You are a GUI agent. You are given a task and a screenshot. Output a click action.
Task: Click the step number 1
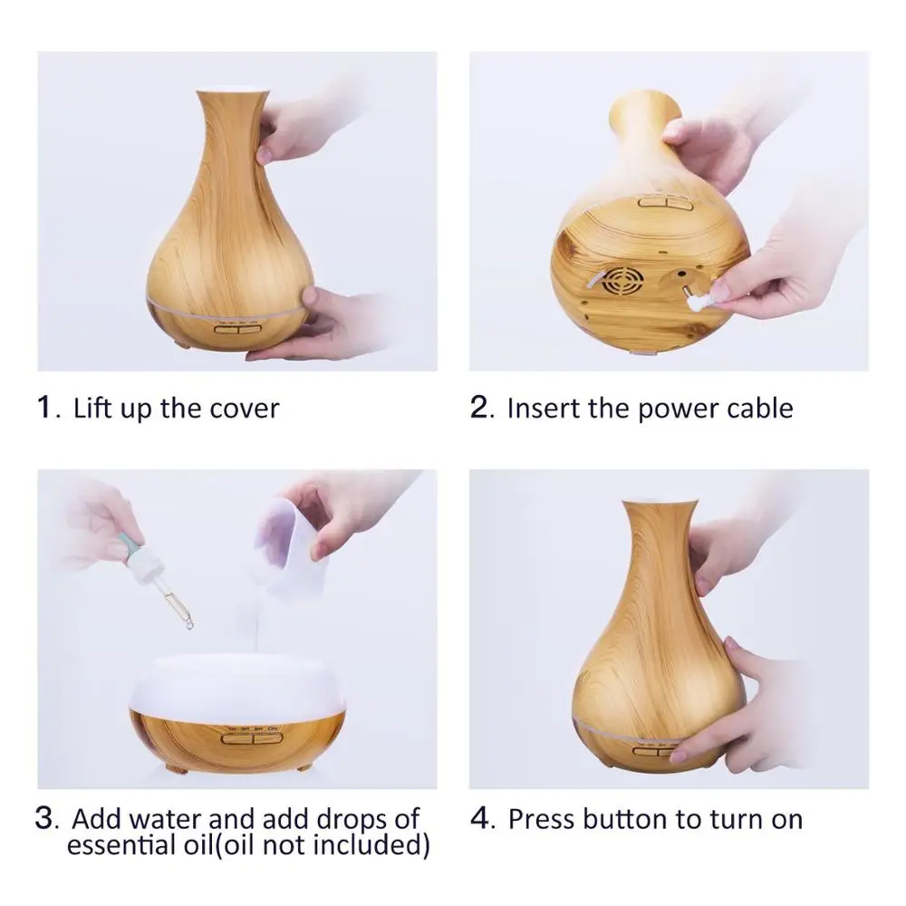click(x=45, y=407)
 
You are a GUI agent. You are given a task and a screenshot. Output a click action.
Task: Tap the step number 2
click(x=479, y=407)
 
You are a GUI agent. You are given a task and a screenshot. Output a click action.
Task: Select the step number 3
click(x=43, y=818)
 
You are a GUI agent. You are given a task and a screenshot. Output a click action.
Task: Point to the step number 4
click(x=480, y=818)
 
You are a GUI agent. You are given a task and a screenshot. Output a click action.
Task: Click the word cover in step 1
click(x=245, y=410)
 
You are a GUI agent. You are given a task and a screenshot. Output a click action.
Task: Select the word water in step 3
click(x=165, y=819)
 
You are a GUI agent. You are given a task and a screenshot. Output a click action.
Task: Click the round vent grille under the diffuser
click(x=622, y=282)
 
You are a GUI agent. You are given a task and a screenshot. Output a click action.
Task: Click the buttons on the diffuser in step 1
click(x=237, y=330)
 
